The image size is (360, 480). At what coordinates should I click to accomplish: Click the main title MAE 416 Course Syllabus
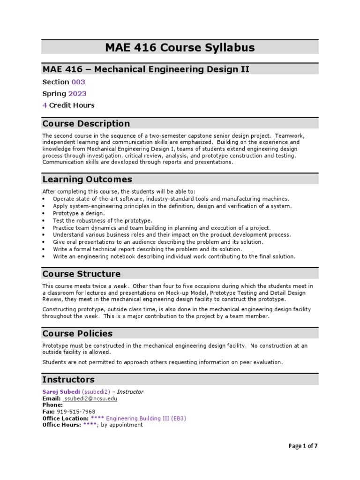tap(180, 47)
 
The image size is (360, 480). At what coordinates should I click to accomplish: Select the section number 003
tap(78, 82)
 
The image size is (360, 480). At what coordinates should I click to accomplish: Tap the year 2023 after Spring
tap(77, 94)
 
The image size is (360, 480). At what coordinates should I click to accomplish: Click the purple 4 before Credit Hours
tap(45, 105)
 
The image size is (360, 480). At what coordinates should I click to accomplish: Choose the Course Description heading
tap(86, 124)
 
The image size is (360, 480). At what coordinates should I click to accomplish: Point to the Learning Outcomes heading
tap(87, 180)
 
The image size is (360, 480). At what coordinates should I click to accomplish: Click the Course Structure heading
tap(81, 274)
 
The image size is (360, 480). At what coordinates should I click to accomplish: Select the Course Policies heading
tap(77, 334)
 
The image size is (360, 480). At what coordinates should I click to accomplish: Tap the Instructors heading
tap(68, 379)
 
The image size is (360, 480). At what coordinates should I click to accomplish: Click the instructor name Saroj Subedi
tap(61, 392)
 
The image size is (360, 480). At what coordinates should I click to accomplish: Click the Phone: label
tap(52, 405)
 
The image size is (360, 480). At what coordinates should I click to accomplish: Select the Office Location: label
tap(65, 418)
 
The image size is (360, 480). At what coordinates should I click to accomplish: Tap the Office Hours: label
tap(61, 425)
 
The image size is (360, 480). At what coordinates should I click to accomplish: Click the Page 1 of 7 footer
tap(303, 446)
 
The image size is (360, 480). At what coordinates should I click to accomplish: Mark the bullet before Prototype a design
tap(44, 213)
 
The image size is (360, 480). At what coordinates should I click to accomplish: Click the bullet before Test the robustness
tap(44, 220)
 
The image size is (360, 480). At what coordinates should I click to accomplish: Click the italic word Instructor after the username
tap(130, 392)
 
